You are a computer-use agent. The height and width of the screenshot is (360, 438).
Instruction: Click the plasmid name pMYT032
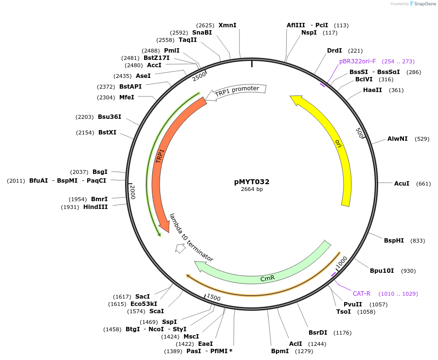click(252, 182)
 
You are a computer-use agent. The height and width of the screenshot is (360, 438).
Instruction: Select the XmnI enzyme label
click(227, 25)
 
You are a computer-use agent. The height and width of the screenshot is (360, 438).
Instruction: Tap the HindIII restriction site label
click(95, 207)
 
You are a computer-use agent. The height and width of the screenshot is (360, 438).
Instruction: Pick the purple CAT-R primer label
click(362, 293)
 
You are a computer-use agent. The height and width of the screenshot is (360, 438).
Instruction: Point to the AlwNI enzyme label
click(397, 139)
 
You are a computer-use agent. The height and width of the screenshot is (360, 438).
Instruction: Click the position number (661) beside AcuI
click(423, 184)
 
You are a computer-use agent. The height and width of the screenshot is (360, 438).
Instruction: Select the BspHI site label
click(394, 241)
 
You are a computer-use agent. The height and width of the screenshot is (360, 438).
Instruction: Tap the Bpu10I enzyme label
click(382, 271)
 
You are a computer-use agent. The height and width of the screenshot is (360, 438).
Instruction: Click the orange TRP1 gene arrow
click(161, 161)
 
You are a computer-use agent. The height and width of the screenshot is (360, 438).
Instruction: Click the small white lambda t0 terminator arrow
click(180, 249)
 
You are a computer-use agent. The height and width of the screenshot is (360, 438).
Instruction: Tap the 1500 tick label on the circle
click(214, 297)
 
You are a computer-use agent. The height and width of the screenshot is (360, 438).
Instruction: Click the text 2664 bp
click(252, 189)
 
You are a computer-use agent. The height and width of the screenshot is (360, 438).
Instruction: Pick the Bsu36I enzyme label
click(109, 117)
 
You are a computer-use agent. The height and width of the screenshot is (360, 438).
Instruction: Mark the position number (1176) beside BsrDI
click(342, 333)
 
